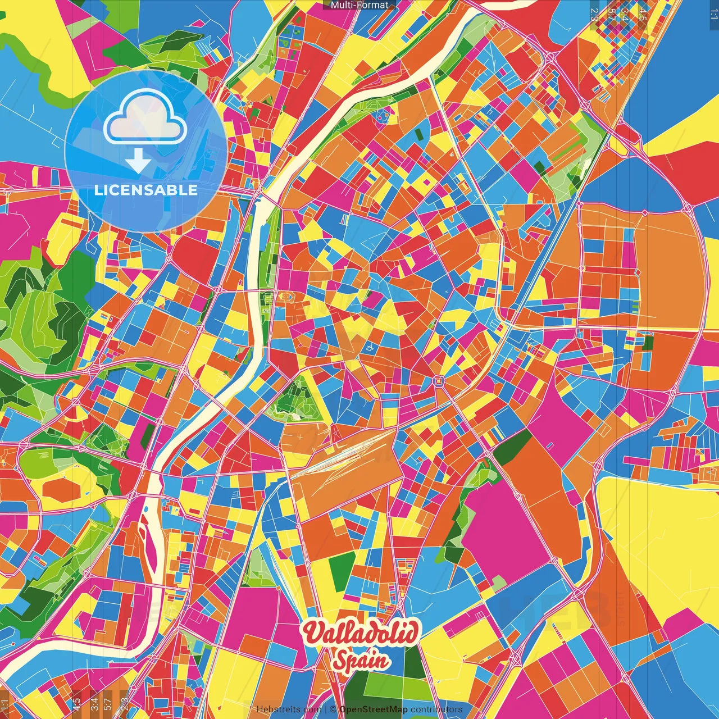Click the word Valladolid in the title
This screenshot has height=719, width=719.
[x=359, y=633]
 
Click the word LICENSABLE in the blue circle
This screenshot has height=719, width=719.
[x=145, y=190]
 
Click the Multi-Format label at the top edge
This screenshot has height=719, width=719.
[x=359, y=5]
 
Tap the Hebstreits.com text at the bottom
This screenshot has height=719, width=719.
[x=289, y=709]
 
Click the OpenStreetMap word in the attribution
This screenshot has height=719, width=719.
[x=373, y=709]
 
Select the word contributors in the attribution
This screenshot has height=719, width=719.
[x=436, y=709]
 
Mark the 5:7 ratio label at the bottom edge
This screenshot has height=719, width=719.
[x=107, y=703]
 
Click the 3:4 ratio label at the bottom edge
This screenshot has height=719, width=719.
[x=94, y=703]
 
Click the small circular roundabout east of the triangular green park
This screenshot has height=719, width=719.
[x=438, y=381]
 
